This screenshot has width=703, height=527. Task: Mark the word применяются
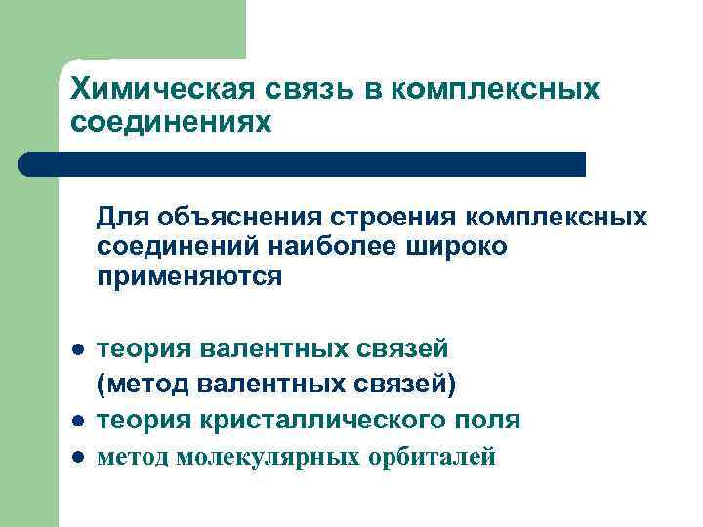pyautogui.click(x=188, y=277)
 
